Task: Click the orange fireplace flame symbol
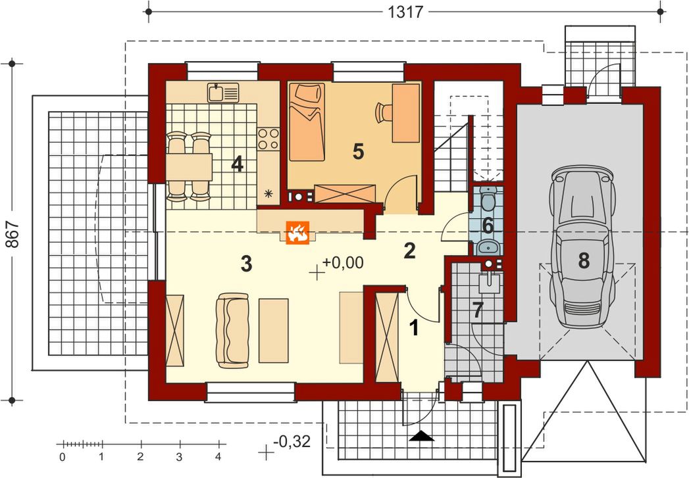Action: click(298, 232)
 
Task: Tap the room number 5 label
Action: click(358, 152)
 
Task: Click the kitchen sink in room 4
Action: click(223, 93)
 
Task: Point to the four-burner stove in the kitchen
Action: click(268, 138)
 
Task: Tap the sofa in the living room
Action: click(232, 331)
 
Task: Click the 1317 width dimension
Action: click(405, 11)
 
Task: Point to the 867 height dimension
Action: click(13, 233)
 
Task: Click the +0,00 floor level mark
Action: click(343, 262)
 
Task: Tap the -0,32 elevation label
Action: click(292, 441)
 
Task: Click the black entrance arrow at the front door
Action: click(422, 436)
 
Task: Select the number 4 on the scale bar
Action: click(218, 457)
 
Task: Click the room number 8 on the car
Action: click(584, 260)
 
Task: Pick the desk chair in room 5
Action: click(383, 112)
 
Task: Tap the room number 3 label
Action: click(246, 264)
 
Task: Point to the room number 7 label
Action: click(478, 310)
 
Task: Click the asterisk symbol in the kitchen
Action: click(268, 193)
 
